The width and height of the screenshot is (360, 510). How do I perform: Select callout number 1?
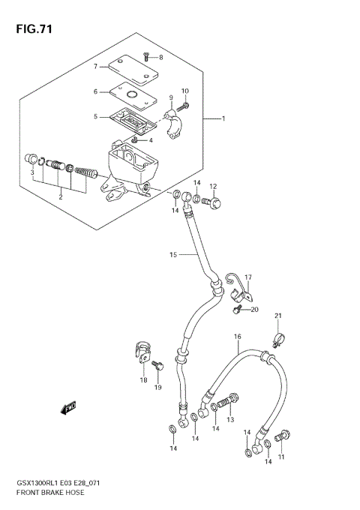(223, 118)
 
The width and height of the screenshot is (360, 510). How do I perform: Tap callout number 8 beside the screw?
(160, 57)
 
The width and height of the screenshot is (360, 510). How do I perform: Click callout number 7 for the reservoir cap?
(95, 66)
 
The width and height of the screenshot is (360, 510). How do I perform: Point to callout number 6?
(95, 91)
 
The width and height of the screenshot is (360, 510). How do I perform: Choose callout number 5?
(95, 117)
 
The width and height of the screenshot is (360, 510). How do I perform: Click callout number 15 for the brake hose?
(172, 255)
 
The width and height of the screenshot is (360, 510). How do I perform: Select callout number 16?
(237, 337)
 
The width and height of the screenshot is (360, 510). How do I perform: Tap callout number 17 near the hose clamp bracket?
(248, 277)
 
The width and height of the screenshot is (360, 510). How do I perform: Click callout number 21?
(277, 315)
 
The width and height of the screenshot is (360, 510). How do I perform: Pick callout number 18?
(142, 380)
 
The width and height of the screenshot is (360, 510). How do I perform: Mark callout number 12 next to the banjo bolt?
(213, 187)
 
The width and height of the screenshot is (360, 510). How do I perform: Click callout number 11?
(282, 457)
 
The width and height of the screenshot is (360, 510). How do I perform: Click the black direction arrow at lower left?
(69, 408)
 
